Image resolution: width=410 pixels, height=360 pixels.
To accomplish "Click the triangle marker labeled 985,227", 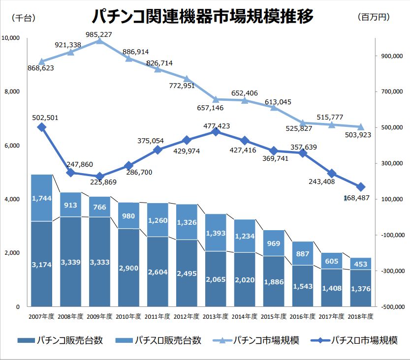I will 99,40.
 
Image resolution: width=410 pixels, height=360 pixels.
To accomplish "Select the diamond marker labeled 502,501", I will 42,127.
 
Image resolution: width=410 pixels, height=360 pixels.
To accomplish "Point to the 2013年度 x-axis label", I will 215,316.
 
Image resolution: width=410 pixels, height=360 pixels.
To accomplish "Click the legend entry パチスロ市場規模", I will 363,340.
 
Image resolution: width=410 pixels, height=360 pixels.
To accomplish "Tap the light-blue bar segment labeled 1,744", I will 41,198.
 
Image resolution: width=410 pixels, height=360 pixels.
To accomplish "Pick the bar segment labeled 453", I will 360,264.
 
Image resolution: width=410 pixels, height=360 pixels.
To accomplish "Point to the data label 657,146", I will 210,107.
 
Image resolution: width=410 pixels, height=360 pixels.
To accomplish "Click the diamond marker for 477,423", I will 215,132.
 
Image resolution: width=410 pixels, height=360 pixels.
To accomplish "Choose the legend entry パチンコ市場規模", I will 266,340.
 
